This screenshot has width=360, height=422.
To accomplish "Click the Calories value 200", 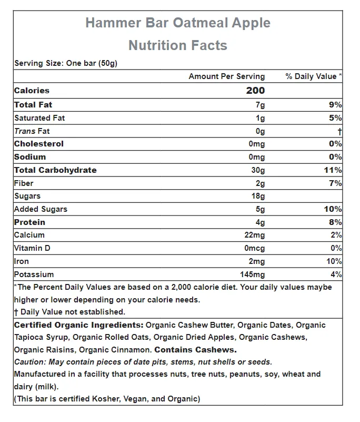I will click(x=255, y=91).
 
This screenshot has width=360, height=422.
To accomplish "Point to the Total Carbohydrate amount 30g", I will click(x=258, y=170).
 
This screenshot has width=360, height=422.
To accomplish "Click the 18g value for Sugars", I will click(x=258, y=196).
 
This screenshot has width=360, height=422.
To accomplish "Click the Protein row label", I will click(x=29, y=222).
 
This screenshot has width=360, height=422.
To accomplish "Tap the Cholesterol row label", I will click(x=38, y=144).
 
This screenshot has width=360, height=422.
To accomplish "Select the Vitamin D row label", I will click(x=32, y=248).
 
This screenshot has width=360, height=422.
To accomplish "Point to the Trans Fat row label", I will click(x=32, y=131).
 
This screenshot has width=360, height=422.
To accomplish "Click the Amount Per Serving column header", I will click(x=227, y=76).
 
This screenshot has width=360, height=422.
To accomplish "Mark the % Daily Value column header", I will click(x=314, y=76).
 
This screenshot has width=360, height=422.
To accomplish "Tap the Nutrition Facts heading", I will click(x=178, y=45).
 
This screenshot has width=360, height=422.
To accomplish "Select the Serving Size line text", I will click(x=65, y=63).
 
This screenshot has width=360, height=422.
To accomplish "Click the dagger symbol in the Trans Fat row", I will click(x=340, y=131).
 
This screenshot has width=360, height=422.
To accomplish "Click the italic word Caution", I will click(x=29, y=362).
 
